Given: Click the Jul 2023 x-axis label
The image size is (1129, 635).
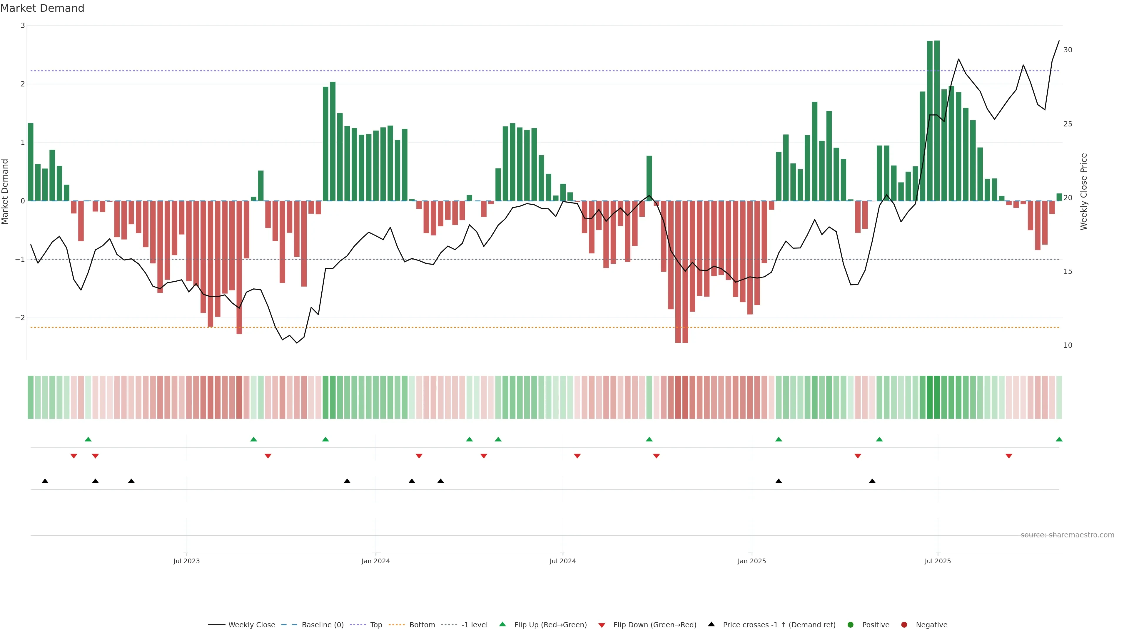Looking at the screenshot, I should coord(186,561).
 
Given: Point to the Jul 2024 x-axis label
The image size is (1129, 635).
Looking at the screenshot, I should coord(562,561).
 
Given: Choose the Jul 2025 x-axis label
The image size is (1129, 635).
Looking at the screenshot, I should coord(938,561).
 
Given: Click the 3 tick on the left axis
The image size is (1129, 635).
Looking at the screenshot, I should coord(23,25).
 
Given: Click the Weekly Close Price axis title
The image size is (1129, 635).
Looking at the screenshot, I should coord(1084,191).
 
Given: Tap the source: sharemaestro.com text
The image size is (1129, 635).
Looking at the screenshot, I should coord(1067,535).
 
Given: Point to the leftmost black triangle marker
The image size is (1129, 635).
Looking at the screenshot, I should coord(45,481).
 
